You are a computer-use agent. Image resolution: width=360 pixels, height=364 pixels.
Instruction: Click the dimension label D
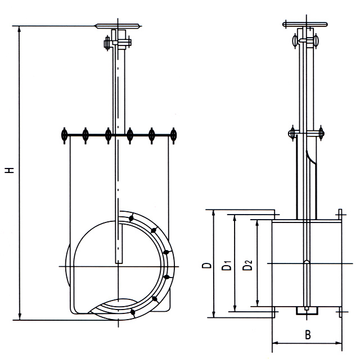207,265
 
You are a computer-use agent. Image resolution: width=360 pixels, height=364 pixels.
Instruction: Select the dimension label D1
227,265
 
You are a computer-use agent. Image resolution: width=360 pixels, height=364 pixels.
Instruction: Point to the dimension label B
308,335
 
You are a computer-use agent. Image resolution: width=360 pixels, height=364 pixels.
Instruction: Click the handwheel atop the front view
117,26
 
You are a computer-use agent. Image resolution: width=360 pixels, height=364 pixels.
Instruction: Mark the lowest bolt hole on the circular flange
131,311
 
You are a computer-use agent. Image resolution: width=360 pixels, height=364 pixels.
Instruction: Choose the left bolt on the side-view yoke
291,133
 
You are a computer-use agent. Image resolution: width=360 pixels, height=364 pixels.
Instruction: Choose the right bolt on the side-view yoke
321,133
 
